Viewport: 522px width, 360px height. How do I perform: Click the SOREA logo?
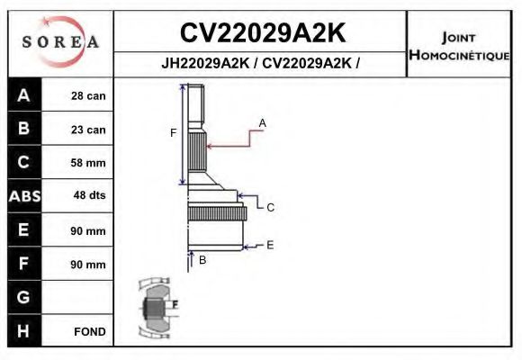pos(60,41)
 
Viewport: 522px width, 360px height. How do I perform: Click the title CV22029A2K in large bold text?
pos(262,33)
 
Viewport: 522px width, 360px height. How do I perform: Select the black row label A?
pos(23,96)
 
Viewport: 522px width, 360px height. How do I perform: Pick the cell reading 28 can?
pos(88,96)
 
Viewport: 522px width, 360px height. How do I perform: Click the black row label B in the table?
pos(23,130)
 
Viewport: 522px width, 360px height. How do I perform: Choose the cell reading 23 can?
pos(88,130)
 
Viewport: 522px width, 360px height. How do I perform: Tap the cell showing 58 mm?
pos(88,163)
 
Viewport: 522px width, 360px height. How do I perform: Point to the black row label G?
pos(23,297)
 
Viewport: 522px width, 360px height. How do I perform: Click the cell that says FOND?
pos(89,331)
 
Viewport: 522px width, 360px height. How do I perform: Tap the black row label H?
pos(23,331)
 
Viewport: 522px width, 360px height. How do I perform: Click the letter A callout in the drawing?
pos(263,122)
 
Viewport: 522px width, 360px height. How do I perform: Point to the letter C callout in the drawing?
pos(270,207)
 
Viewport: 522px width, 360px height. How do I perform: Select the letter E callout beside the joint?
pos(270,245)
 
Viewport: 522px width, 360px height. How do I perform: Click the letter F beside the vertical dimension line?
pos(174,134)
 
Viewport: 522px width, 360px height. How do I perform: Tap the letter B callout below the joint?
pos(202,260)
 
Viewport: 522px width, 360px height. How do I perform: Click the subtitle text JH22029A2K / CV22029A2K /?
pos(261,65)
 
